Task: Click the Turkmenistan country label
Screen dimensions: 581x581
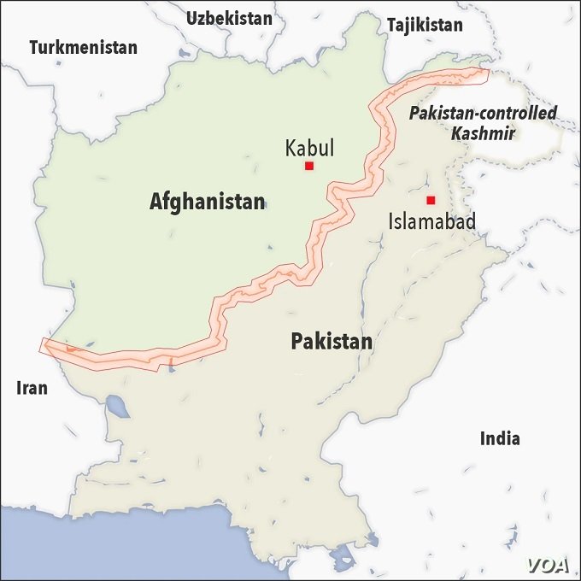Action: tap(83, 48)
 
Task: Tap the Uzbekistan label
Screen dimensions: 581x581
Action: tap(229, 18)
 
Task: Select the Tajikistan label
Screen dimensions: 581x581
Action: tap(425, 25)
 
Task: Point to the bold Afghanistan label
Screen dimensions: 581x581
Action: tap(207, 202)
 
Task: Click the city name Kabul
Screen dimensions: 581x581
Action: tap(308, 149)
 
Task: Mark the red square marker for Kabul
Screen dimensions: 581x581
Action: tap(309, 166)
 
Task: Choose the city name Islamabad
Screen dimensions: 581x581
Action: tap(431, 221)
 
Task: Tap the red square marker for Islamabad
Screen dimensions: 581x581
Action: tap(431, 200)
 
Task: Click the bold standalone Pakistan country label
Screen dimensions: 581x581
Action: tap(332, 342)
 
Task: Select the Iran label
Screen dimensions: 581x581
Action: tap(32, 388)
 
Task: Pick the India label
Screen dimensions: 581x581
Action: tap(500, 439)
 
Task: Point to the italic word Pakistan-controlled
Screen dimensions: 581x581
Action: tap(483, 113)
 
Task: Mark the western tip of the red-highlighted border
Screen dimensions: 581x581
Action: tap(43, 343)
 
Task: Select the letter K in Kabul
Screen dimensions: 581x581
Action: tap(290, 149)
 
